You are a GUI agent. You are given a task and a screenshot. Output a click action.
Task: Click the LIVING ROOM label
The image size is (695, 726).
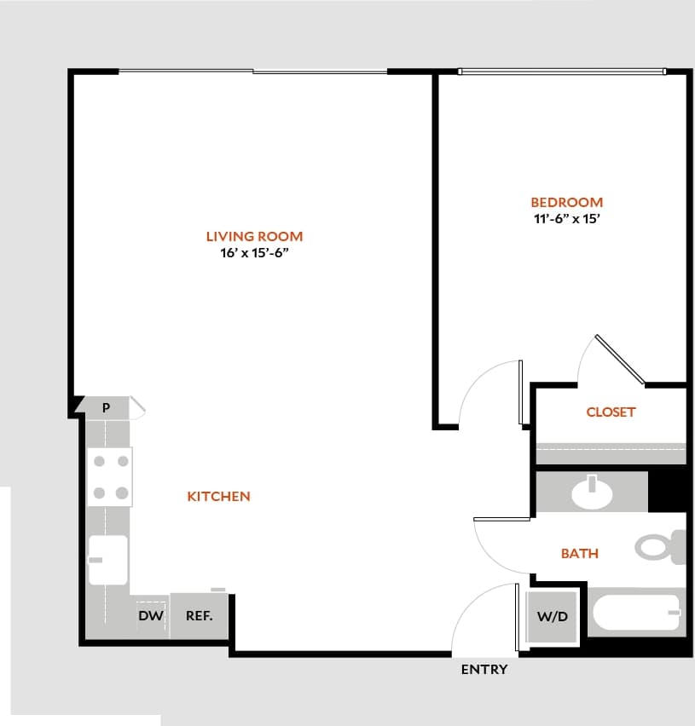[254, 236]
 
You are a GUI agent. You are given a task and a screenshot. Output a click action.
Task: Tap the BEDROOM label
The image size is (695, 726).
[566, 202]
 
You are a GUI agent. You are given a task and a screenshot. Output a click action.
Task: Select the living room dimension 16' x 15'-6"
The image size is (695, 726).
[254, 253]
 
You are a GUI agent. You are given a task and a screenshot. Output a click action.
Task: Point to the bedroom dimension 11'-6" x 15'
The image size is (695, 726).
[566, 218]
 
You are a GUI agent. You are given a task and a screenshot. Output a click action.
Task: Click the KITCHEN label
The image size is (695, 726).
[218, 496]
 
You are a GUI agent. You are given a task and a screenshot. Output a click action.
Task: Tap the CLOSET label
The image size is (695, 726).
[611, 412]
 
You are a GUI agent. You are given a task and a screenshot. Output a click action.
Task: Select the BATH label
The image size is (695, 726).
[579, 553]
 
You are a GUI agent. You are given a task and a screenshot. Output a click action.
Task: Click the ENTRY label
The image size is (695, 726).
[484, 669]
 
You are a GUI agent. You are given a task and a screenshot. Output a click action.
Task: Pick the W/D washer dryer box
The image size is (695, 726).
[552, 615]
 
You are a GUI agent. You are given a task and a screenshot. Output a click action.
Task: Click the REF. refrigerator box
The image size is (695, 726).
[199, 614]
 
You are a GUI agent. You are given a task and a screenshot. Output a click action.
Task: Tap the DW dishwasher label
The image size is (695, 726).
[151, 614]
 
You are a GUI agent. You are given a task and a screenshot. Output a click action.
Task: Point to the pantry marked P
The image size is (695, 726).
[107, 407]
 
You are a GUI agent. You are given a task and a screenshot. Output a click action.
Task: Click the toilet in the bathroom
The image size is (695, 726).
[660, 546]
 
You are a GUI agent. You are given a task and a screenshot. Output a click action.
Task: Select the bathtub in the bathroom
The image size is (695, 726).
[636, 613]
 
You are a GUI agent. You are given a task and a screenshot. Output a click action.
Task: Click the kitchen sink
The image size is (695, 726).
[107, 560]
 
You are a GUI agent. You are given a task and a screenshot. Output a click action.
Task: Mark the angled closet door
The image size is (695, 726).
[620, 359]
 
